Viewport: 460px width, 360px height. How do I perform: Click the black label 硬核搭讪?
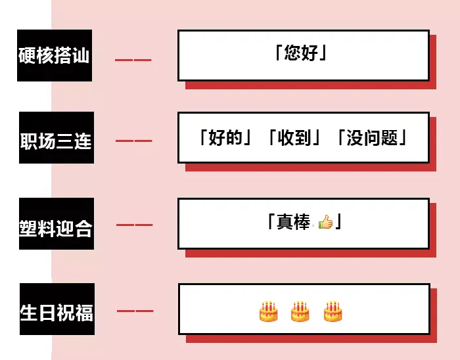click(54, 56)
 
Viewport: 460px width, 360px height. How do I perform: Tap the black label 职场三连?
click(56, 139)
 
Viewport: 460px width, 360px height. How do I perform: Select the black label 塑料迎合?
click(56, 226)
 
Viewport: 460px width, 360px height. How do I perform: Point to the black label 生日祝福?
click(57, 311)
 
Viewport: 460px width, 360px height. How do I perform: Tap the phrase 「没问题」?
click(373, 138)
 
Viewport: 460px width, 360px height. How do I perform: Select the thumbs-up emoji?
click(325, 223)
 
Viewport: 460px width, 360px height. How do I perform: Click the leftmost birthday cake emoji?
click(268, 311)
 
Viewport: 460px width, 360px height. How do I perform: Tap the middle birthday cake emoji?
click(300, 311)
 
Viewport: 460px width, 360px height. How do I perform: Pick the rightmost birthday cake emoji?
click(333, 311)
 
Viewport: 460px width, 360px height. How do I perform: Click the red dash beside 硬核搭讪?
click(133, 60)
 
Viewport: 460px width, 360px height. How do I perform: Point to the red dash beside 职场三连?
click(133, 141)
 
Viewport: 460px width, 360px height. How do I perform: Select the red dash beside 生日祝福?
click(135, 311)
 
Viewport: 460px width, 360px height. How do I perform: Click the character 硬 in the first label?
click(28, 56)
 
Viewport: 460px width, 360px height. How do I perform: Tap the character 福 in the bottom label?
click(83, 312)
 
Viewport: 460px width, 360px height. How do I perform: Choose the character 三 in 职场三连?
click(65, 140)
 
